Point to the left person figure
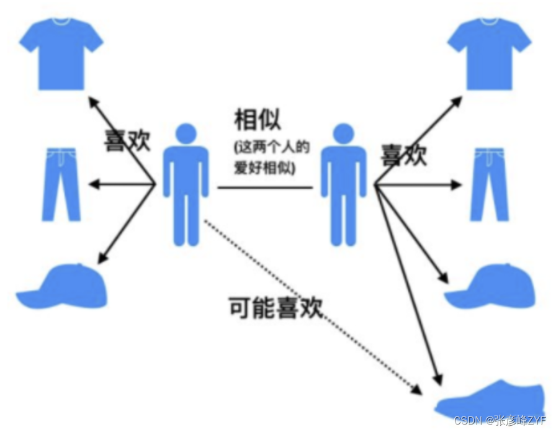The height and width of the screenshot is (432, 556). (x=184, y=186)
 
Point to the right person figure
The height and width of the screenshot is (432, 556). (x=343, y=186)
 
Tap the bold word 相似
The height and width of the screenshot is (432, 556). (x=259, y=119)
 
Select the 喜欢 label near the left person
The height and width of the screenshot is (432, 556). (x=127, y=140)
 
